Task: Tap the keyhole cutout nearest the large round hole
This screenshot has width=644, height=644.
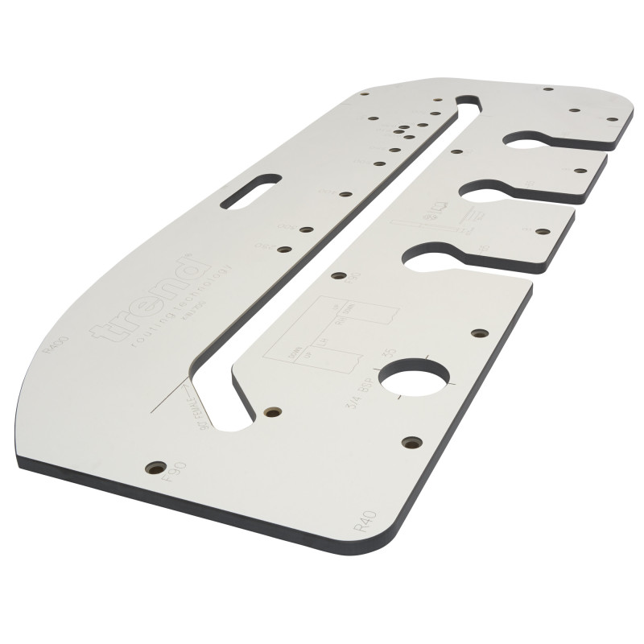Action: point(436,254)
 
